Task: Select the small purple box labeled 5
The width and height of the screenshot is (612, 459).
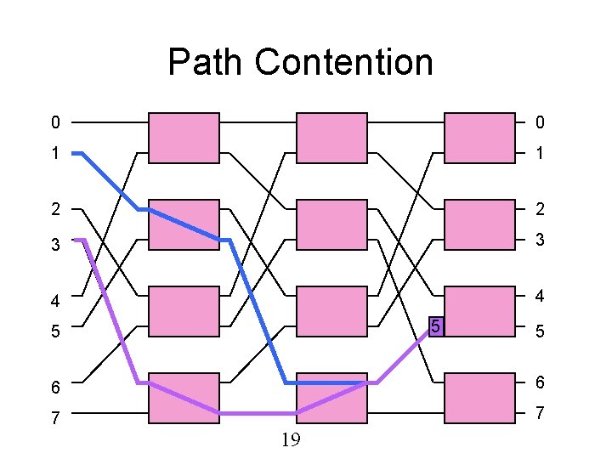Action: coord(435,326)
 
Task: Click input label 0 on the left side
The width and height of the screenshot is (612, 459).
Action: coord(55,123)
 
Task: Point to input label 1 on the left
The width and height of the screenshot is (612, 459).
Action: coord(55,154)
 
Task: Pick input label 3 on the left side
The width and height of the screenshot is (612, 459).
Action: coord(55,245)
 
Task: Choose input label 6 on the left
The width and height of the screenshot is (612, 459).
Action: coord(55,387)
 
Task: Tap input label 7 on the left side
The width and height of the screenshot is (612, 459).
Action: coord(55,417)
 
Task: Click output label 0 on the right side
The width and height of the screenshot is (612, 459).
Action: coord(539,123)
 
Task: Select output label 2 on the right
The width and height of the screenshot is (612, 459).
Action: coord(539,209)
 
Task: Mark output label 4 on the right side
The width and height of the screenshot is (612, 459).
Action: coord(539,297)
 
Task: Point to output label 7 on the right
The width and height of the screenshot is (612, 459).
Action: coord(539,414)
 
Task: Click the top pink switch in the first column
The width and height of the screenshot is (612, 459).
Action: coord(184,138)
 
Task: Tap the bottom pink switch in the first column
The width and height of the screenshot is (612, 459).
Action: coord(184,398)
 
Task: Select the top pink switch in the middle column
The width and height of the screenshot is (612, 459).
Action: coord(331,138)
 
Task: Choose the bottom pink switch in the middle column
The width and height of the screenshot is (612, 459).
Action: coord(331,398)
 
